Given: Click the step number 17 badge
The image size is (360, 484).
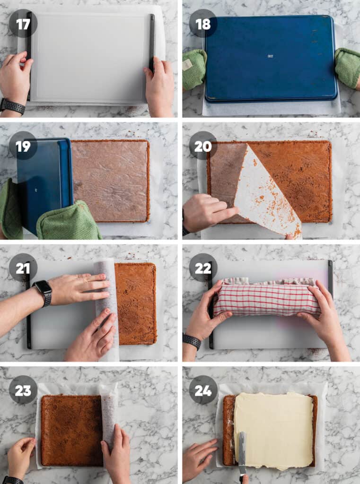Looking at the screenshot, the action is click(23, 24).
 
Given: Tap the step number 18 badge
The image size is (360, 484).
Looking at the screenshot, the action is click(203, 24).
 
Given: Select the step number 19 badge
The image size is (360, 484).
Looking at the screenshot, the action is click(23, 146).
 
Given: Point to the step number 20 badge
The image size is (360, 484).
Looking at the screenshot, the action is click(203, 146).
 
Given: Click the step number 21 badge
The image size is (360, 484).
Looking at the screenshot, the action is click(23, 268).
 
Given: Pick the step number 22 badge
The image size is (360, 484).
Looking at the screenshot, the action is click(203, 268).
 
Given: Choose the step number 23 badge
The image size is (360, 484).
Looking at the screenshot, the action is click(23, 390).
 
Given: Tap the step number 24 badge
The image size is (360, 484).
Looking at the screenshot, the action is click(203, 390).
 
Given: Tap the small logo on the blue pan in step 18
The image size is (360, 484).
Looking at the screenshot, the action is click(271, 56).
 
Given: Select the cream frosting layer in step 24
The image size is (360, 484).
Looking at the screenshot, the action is click(274, 430).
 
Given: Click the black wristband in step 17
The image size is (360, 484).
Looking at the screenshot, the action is click(12, 106).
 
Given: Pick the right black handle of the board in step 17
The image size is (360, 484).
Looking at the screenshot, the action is click(152, 43).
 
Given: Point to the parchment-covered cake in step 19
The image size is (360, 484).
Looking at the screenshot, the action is click(110, 181).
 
